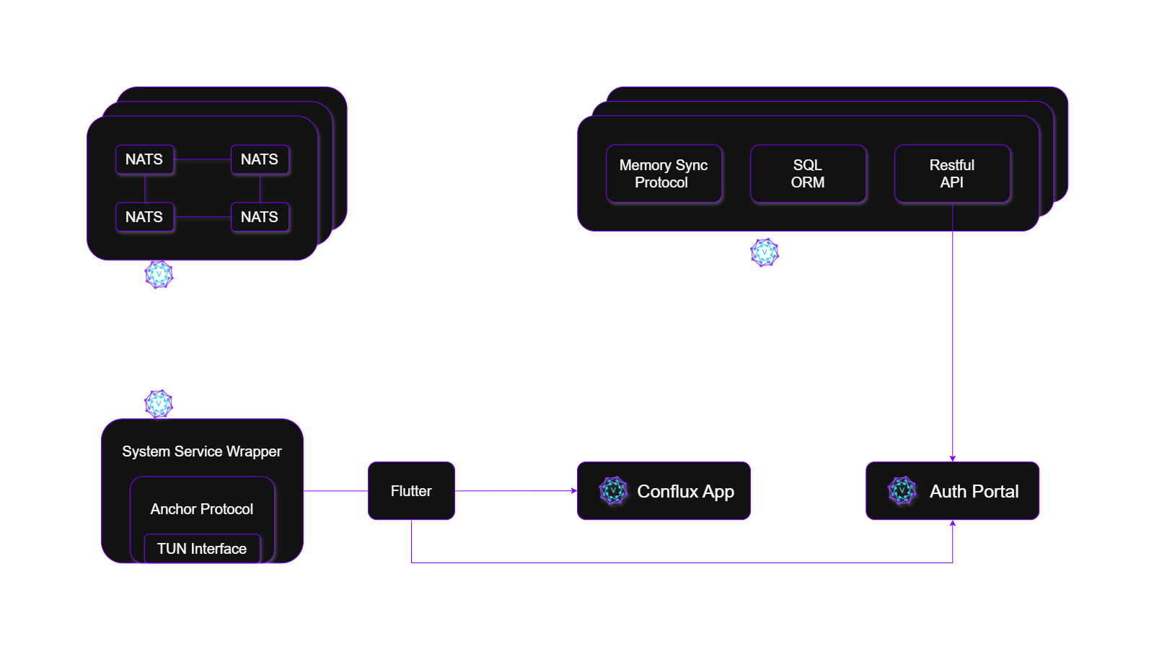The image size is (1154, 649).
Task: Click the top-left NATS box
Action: pos(144,159)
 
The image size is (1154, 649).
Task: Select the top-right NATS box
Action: pos(260,159)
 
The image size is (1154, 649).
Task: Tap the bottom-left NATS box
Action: pos(144,217)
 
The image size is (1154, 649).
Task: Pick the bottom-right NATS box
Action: pos(260,217)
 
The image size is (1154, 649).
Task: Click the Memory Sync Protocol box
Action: pos(664,174)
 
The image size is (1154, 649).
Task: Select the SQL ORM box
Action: pos(808,174)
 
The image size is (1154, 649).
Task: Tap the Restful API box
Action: pos(952,174)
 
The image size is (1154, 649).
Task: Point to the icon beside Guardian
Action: pos(765,253)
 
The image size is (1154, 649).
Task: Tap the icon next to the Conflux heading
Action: pos(159,405)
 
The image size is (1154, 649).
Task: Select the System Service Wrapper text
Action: pos(202,451)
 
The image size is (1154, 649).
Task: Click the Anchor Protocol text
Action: pos(202,509)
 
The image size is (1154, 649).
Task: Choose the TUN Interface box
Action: pos(202,549)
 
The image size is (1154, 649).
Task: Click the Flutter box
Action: pos(411,491)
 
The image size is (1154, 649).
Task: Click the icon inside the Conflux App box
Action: pos(613,491)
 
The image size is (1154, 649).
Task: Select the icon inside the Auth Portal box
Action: pos(902,491)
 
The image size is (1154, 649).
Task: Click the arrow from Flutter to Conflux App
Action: pos(516,492)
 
